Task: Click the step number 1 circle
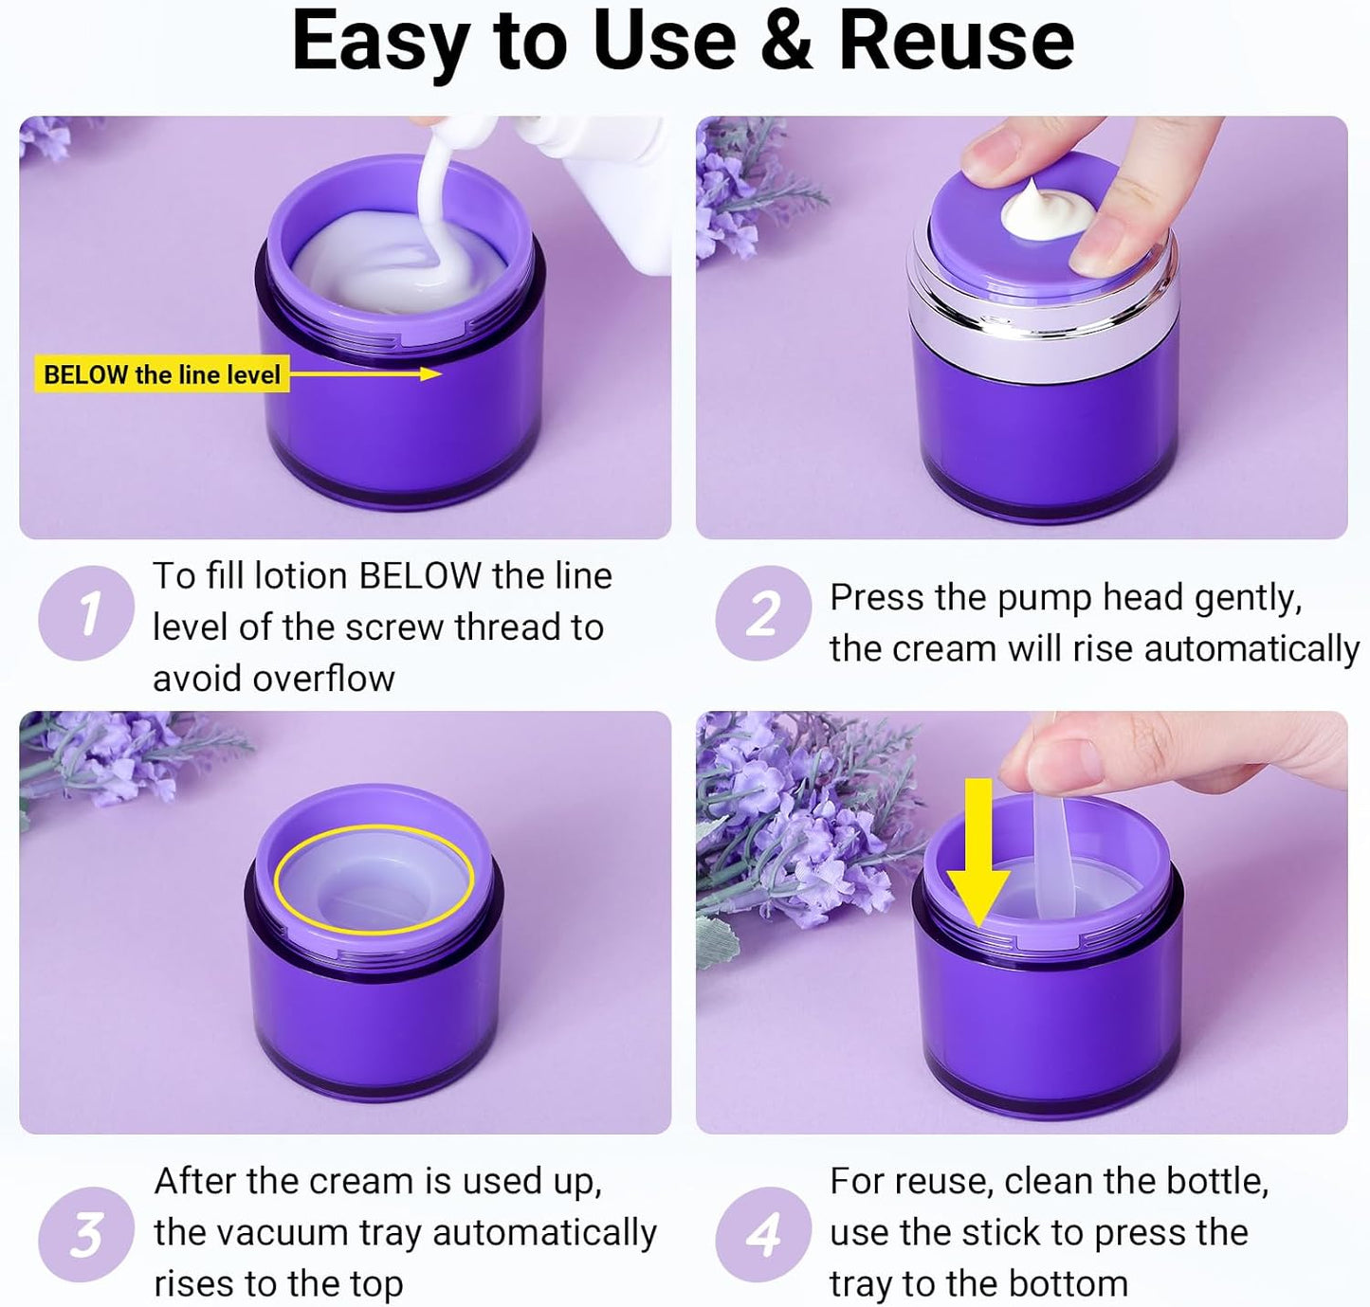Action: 85,613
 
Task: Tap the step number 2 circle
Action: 762,613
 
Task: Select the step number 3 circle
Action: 85,1234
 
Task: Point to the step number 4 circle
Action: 762,1234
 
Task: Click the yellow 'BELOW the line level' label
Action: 161,374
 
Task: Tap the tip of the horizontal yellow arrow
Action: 438,373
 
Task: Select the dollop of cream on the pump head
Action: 1040,210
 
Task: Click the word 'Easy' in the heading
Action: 378,42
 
